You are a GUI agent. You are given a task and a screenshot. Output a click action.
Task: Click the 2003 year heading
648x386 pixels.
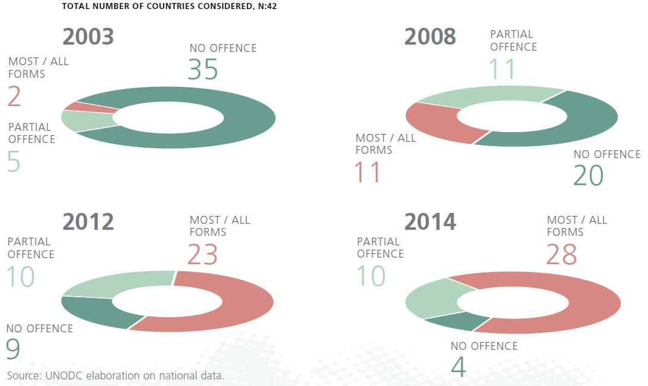[88, 37]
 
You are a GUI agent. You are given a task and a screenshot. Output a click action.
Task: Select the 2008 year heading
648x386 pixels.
[430, 37]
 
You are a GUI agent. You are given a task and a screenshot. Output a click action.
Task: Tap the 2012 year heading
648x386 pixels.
[88, 222]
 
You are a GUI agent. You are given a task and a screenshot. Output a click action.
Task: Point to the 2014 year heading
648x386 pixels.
[430, 222]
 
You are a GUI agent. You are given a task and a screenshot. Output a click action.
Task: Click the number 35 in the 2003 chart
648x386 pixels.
[203, 70]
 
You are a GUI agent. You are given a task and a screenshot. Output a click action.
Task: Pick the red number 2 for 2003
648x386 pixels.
[14, 96]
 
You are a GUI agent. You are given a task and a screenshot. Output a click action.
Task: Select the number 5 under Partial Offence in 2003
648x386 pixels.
[14, 162]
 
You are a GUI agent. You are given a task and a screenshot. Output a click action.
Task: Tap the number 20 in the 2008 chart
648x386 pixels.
[589, 176]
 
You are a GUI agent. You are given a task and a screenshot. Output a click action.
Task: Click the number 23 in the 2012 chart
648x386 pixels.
[202, 255]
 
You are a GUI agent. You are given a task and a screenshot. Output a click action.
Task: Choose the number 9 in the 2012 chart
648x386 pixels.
[13, 348]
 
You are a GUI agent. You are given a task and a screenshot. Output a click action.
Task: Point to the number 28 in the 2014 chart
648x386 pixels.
[562, 255]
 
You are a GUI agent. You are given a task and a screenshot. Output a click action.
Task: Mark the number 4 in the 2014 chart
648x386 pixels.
[458, 368]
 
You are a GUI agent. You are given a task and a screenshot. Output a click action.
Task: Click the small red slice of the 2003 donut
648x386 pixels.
[91, 107]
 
